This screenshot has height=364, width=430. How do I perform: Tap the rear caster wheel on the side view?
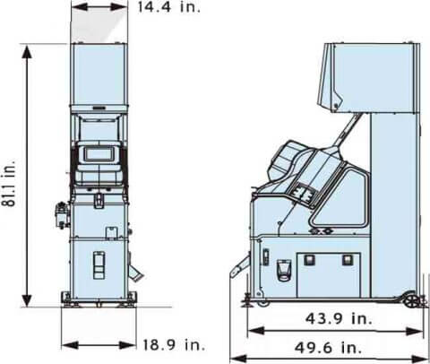click(411, 299)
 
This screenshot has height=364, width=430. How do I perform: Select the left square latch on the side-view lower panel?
click(311, 261)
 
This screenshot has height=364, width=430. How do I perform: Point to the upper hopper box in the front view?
click(99, 72)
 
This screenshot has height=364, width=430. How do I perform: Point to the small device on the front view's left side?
click(61, 214)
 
